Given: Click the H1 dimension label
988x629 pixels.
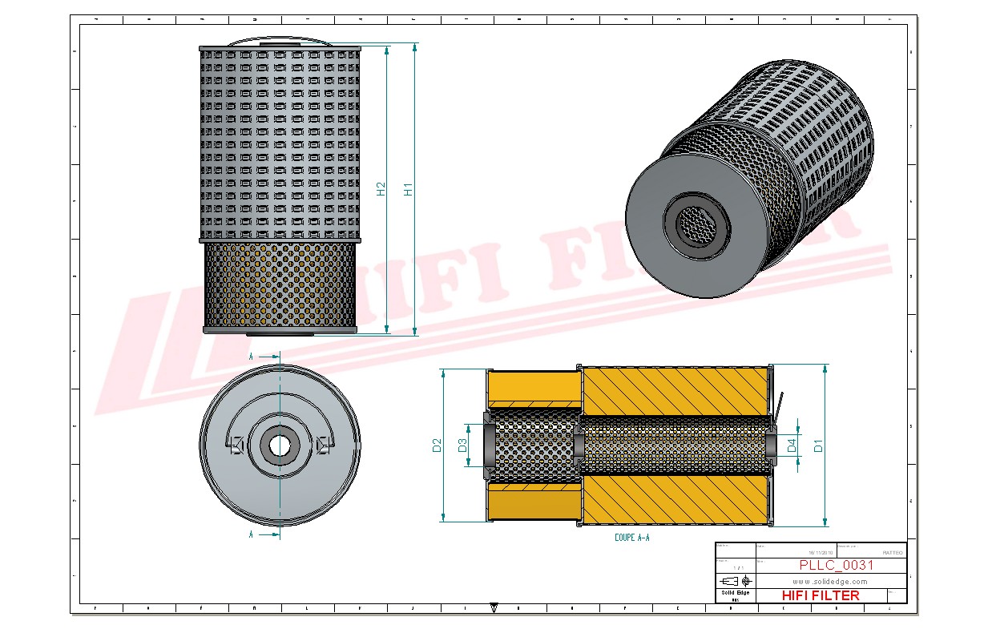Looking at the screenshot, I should pos(408,190).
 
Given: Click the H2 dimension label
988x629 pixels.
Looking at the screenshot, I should pos(381,188).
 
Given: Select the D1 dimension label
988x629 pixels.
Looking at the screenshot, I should pos(818,446).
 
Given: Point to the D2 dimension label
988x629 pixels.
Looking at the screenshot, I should pos(437,446).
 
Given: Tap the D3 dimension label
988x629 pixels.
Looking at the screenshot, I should pos(462,446).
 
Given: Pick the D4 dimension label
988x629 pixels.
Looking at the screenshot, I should pos(792,446).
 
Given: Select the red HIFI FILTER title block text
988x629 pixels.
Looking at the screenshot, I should pos(820,595).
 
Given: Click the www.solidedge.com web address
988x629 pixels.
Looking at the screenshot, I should pos(830,581).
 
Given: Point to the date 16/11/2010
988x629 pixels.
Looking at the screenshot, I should pos(821,553).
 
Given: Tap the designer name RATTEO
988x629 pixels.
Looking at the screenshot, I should pos(892,553).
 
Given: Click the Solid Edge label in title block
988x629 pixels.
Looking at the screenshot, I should pos(735,593).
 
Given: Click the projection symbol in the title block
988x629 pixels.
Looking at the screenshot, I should pos(736,580).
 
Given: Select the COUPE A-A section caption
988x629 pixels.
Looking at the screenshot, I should pos(631,538).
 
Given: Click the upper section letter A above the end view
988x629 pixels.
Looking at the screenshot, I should pos(252,356).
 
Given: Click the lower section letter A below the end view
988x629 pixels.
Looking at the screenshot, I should pos(252,533).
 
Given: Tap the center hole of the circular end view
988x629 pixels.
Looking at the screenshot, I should pos(279,445).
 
